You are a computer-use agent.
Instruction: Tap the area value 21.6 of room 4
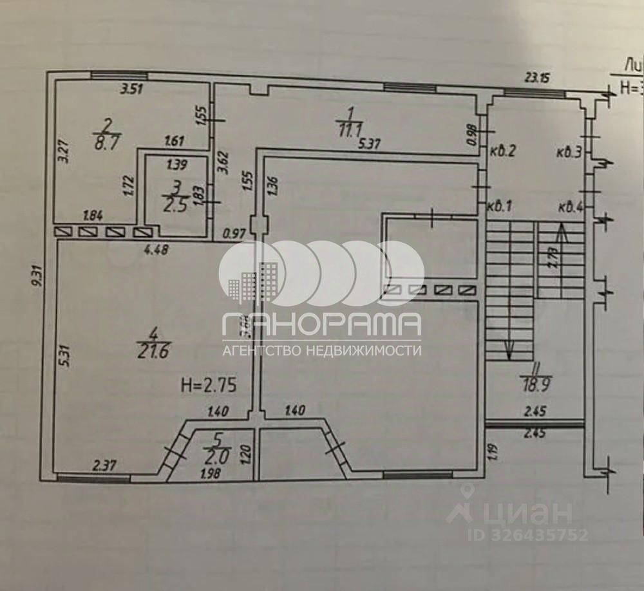click(x=153, y=352)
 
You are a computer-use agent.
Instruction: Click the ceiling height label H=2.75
click(x=209, y=386)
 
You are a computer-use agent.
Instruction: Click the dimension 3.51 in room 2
click(x=132, y=90)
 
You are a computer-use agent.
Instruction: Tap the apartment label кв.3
click(x=569, y=152)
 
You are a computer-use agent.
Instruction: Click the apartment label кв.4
click(x=570, y=207)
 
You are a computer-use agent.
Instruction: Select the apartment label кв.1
click(x=499, y=207)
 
